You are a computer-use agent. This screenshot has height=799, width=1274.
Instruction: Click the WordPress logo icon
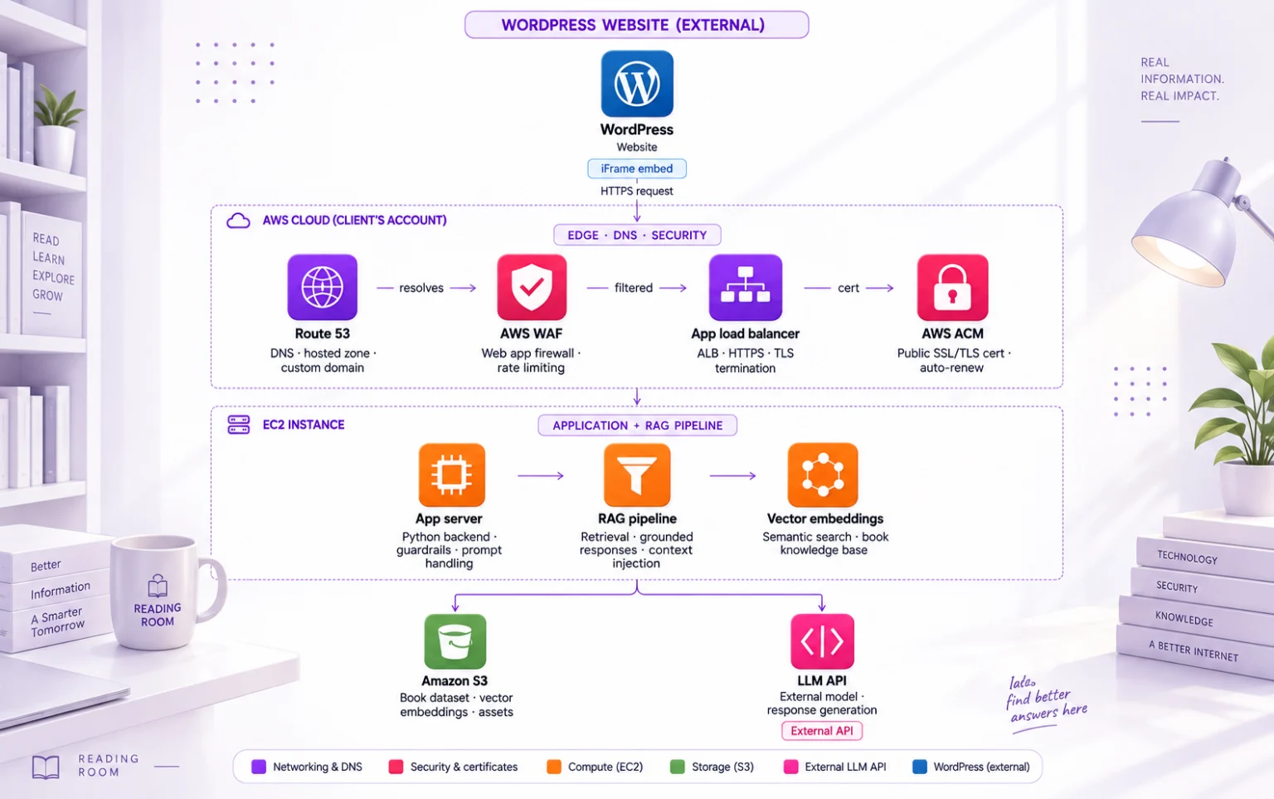[x=637, y=84]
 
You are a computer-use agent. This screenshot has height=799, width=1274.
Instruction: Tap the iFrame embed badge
[x=637, y=168]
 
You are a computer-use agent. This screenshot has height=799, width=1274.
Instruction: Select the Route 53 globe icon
[x=323, y=287]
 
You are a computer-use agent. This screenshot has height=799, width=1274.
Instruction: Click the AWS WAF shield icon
[x=532, y=287]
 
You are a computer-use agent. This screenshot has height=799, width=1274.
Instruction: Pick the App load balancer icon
[x=746, y=287]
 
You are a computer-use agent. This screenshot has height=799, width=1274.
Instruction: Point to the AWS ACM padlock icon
[x=953, y=287]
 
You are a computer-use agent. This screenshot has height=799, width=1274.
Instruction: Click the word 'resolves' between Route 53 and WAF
[x=421, y=288]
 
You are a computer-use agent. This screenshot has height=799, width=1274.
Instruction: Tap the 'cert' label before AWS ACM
[x=848, y=288]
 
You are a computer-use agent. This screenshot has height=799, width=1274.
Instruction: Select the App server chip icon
[x=451, y=475]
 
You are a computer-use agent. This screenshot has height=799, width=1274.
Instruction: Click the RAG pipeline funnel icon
[x=637, y=475]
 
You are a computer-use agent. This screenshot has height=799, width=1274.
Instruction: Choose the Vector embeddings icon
[x=823, y=475]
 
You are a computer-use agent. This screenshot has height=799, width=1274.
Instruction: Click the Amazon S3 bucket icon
[x=455, y=641]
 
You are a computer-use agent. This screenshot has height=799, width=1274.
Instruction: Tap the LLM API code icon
[x=823, y=641]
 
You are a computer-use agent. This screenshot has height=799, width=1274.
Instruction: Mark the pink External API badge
[x=822, y=731]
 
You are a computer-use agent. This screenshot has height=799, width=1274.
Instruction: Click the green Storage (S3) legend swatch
[x=678, y=767]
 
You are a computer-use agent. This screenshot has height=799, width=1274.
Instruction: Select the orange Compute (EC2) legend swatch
[x=554, y=767]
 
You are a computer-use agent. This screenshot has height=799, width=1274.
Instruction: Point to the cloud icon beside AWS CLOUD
[x=238, y=221]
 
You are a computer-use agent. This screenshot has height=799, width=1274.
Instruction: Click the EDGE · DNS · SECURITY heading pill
[x=637, y=235]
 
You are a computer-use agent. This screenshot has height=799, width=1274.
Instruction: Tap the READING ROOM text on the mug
[x=158, y=615]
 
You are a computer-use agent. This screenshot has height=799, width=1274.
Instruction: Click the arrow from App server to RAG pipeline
[x=541, y=475]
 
